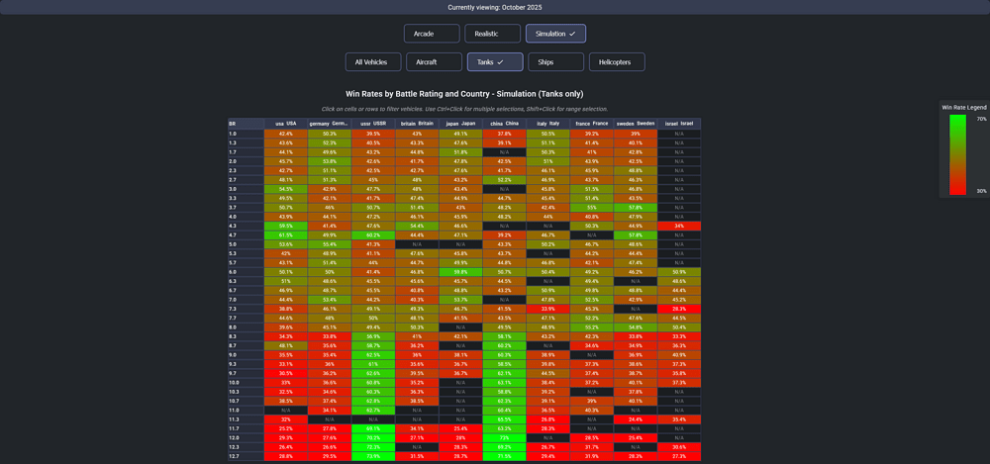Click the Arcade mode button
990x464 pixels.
tap(432, 34)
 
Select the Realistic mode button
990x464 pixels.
tap(492, 34)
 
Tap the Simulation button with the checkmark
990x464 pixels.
tap(555, 34)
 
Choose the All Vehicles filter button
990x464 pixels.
tap(371, 62)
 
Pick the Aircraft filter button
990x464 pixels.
tap(434, 62)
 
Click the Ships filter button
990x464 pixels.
tap(555, 62)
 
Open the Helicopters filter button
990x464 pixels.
tap(617, 62)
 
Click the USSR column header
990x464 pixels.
tap(373, 124)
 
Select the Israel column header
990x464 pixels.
tap(679, 124)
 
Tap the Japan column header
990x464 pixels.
tap(460, 124)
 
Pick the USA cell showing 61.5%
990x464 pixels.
tap(285, 235)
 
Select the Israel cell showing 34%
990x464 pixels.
tap(679, 226)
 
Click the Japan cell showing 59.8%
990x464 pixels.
tap(460, 272)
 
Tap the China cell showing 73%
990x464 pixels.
tap(504, 437)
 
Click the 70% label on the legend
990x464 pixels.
tap(982, 119)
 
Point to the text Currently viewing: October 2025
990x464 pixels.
tap(495, 7)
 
